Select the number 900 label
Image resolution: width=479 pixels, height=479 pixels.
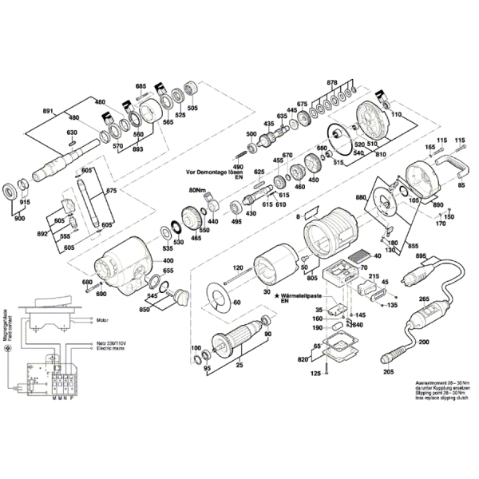tap(19, 219)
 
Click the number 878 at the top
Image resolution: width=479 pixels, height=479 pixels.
tap(333, 82)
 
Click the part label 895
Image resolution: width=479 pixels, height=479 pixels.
tap(422, 255)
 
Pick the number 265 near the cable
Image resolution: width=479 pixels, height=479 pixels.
tap(424, 299)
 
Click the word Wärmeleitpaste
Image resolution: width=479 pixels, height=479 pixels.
tap(304, 295)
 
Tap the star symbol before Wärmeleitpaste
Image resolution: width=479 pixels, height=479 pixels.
tap(276, 295)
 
